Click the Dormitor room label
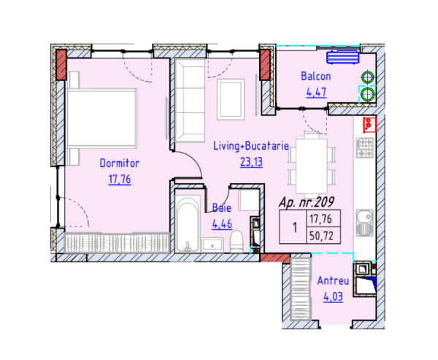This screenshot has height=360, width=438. [x=119, y=164]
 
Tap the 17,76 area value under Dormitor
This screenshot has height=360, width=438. [x=119, y=179]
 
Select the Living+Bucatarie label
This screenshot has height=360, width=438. [x=251, y=147]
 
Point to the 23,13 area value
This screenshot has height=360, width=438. [x=251, y=162]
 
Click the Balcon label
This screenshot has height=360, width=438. [x=315, y=76]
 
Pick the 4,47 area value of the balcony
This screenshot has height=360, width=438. [x=315, y=92]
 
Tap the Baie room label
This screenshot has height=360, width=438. [x=221, y=207]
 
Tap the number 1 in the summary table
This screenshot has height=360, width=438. [x=294, y=227]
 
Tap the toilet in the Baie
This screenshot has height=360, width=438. [x=237, y=242]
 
